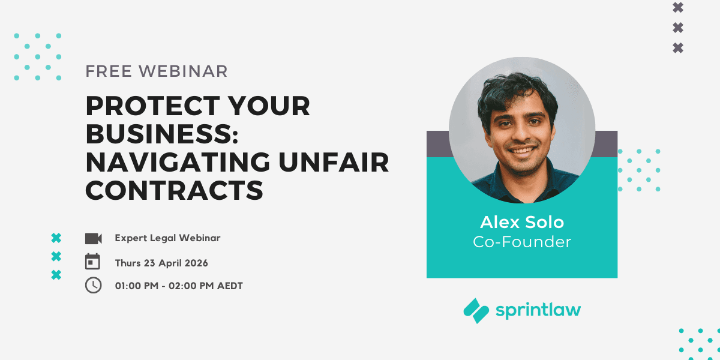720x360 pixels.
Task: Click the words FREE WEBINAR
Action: point(157,71)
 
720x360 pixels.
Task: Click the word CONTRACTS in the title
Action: point(175,190)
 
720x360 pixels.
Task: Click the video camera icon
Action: point(93,238)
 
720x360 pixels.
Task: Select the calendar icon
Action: point(93,262)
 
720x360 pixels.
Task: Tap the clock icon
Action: point(93,286)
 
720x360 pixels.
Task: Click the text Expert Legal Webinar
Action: point(167,238)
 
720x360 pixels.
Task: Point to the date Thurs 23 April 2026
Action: point(161,263)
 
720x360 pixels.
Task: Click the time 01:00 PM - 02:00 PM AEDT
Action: point(179,286)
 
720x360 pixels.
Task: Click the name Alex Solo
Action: point(522,222)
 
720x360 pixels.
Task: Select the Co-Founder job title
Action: point(522,242)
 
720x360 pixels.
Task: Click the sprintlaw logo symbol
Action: point(476,311)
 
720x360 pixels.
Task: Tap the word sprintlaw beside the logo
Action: point(538,310)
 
